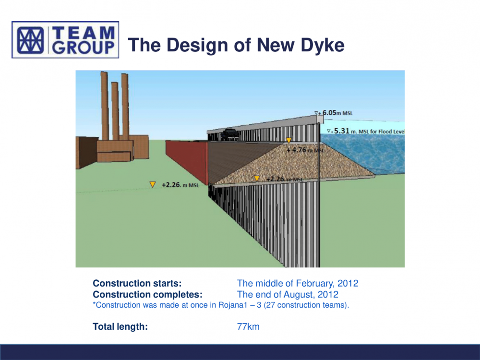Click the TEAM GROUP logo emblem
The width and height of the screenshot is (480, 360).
(30, 40)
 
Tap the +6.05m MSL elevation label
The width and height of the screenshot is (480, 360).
(334, 113)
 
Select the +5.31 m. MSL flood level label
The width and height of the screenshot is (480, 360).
(366, 132)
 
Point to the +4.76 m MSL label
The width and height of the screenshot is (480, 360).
(305, 150)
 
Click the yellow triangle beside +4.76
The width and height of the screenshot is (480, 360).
(288, 141)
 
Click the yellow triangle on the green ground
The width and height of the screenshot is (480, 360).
(153, 184)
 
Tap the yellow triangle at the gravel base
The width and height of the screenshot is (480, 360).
(257, 179)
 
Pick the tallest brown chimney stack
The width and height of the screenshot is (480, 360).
(105, 106)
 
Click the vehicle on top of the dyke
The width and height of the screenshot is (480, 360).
(231, 135)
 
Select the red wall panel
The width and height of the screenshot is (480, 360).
(187, 161)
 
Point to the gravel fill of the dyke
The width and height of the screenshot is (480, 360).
(291, 164)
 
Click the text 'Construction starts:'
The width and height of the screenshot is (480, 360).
(137, 284)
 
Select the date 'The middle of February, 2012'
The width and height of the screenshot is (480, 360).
(298, 284)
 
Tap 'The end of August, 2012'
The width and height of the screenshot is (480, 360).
(288, 295)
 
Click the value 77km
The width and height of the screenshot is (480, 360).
(248, 326)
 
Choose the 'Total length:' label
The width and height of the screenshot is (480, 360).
(120, 326)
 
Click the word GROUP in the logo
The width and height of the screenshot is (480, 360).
(84, 48)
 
